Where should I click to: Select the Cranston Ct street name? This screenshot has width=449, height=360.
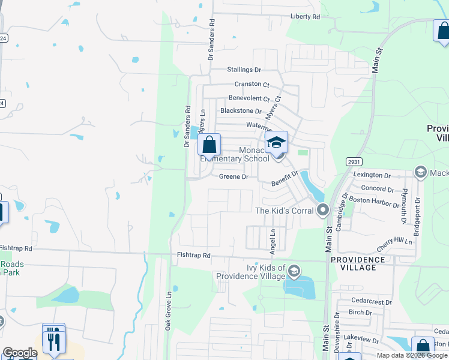coord(252,84)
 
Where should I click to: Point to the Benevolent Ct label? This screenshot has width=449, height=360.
coord(249,98)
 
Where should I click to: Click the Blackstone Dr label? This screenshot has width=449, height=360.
coord(241,111)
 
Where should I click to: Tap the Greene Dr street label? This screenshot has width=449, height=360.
coord(234,176)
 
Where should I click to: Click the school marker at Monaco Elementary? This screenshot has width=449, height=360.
coord(277,142)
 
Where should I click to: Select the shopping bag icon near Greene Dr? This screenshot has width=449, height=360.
coord(209,145)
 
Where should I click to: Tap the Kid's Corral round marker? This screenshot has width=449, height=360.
coord(323,211)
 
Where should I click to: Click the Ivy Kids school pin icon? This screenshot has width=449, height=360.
coord(294,271)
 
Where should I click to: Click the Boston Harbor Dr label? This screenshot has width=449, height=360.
coord(375,200)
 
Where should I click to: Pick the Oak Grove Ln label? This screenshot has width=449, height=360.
coord(169,310)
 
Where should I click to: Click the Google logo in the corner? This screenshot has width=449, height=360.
coord(19,353)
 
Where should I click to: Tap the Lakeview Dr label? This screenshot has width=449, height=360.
coord(359,340)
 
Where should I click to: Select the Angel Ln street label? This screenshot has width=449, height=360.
coord(273,239)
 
